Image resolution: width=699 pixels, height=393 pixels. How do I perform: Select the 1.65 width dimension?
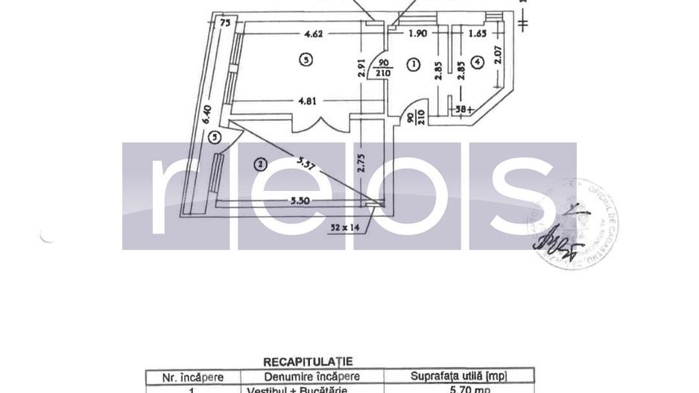point(477,34)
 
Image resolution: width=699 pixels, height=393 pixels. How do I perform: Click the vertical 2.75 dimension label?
point(361,163)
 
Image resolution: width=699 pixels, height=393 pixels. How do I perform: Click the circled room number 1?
point(414,66)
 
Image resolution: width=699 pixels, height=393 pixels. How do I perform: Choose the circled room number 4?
point(477,64)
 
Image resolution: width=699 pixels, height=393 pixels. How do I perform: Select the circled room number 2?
point(260,163)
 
